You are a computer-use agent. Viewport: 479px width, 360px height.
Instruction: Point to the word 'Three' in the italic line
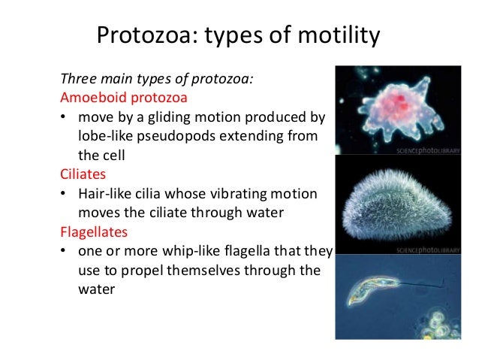(77, 78)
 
